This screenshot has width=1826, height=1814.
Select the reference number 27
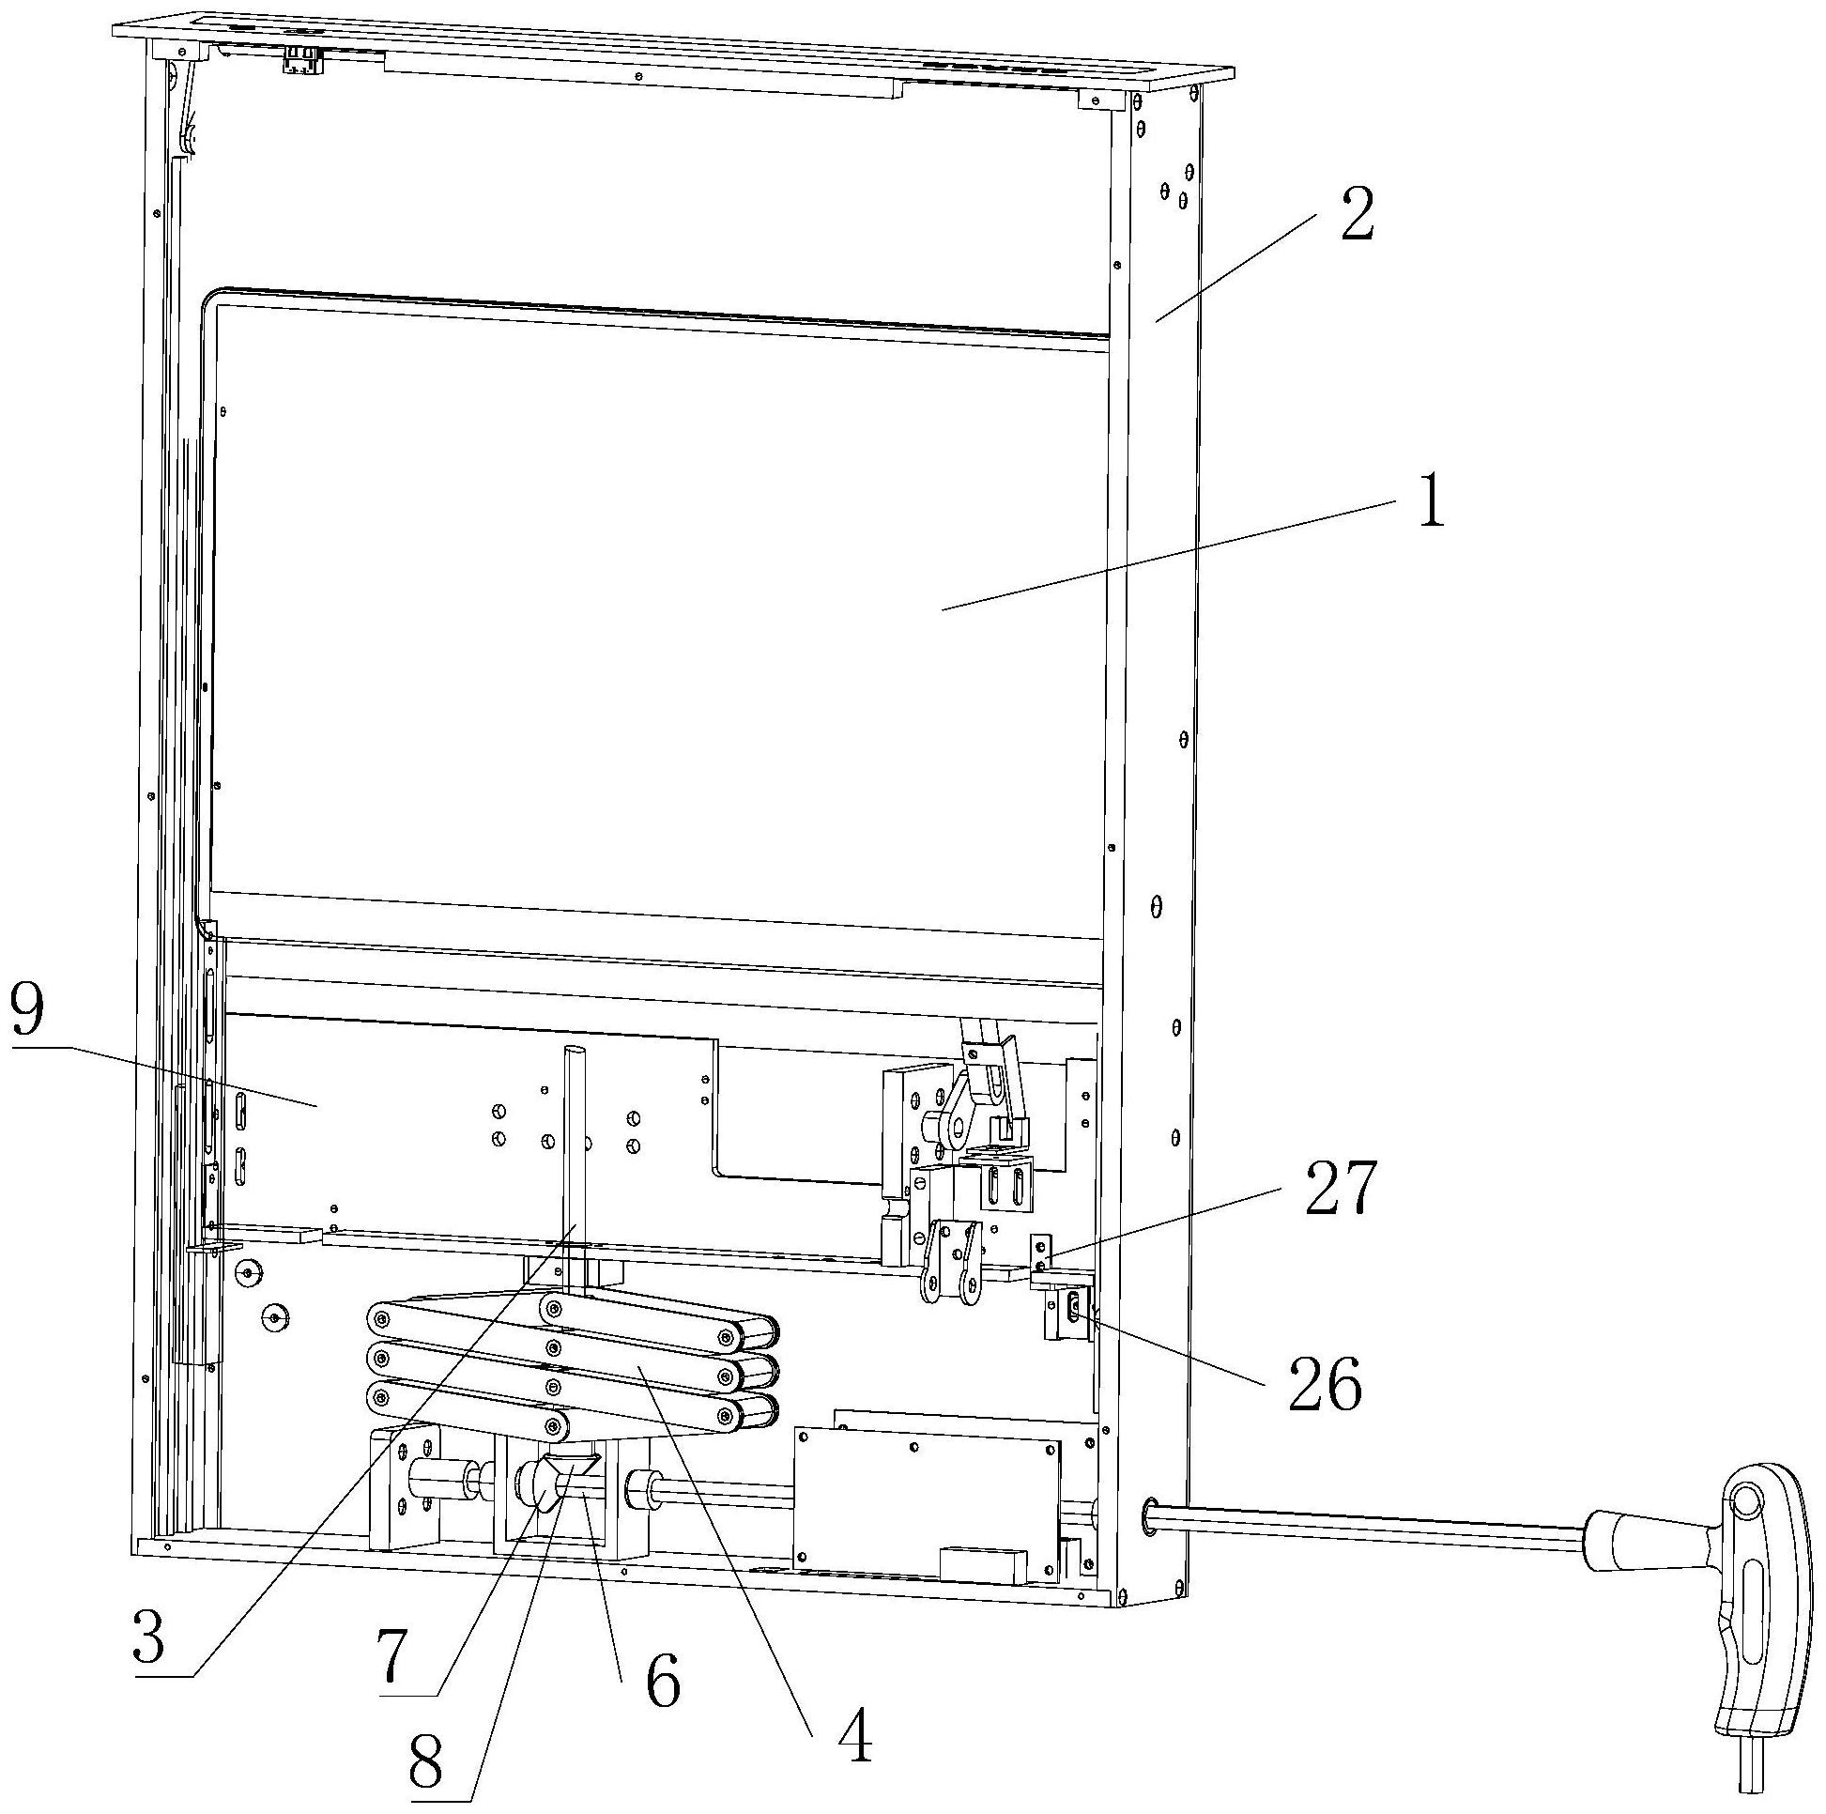point(1342,1189)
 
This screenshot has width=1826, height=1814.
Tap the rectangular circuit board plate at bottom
point(928,1509)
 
